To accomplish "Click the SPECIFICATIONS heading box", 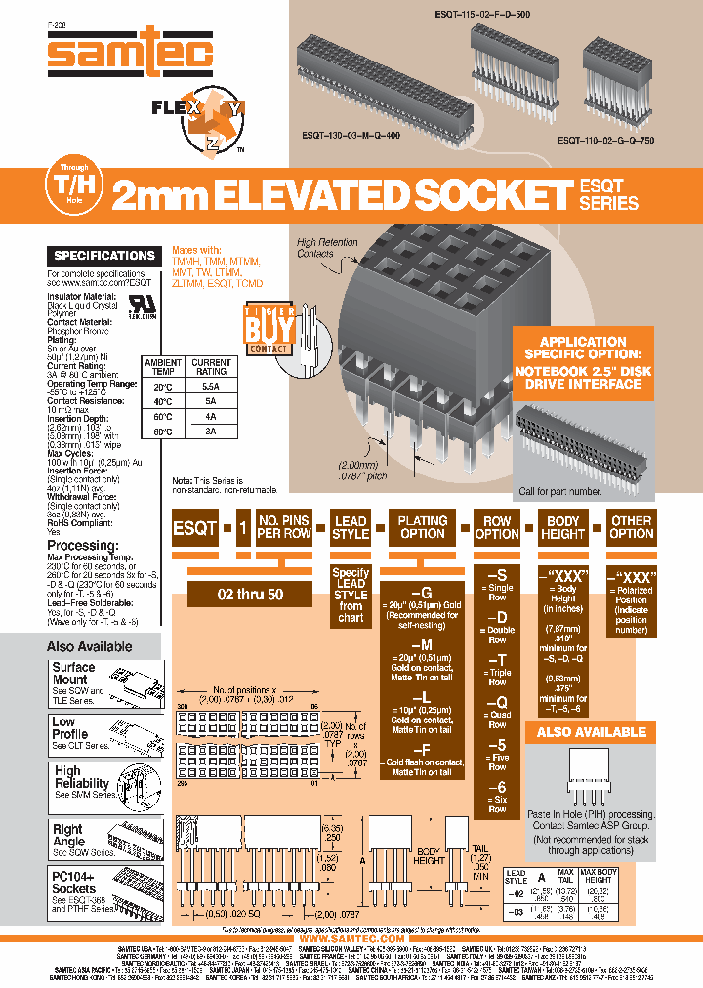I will tap(104, 256).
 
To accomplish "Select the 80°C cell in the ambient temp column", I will tap(163, 431).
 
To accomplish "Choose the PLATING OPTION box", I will tap(423, 528).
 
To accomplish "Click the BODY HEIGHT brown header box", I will tap(563, 528).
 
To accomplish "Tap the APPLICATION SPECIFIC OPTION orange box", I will tap(583, 362).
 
